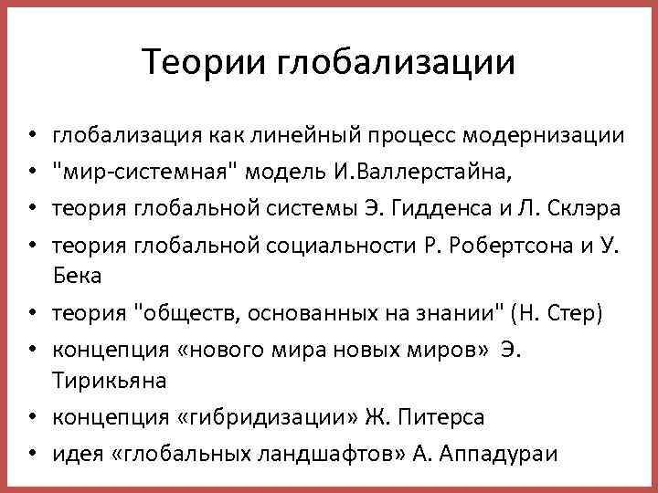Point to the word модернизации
545,138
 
